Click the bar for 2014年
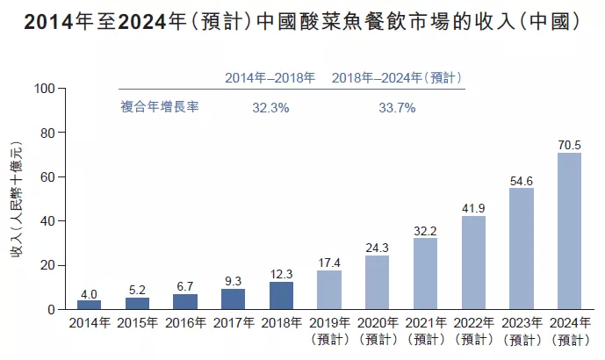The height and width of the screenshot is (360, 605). pyautogui.click(x=89, y=305)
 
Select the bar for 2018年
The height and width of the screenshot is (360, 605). pyautogui.click(x=281, y=296)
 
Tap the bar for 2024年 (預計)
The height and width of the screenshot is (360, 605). pyautogui.click(x=569, y=231)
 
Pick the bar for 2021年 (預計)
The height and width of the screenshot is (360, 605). pyautogui.click(x=425, y=274)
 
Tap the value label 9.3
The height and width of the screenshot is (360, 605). pyautogui.click(x=233, y=279)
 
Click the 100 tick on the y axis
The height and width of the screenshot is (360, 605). pyautogui.click(x=45, y=89)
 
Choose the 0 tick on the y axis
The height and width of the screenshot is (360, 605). pyautogui.click(x=52, y=310)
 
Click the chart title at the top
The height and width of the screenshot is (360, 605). pyautogui.click(x=302, y=23)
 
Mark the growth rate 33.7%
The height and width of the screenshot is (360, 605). pyautogui.click(x=397, y=108)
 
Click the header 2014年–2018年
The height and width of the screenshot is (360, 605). pyautogui.click(x=270, y=79)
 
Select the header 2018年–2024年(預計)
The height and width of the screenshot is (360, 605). pyautogui.click(x=397, y=79)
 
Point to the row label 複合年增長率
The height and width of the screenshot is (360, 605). pyautogui.click(x=160, y=108)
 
